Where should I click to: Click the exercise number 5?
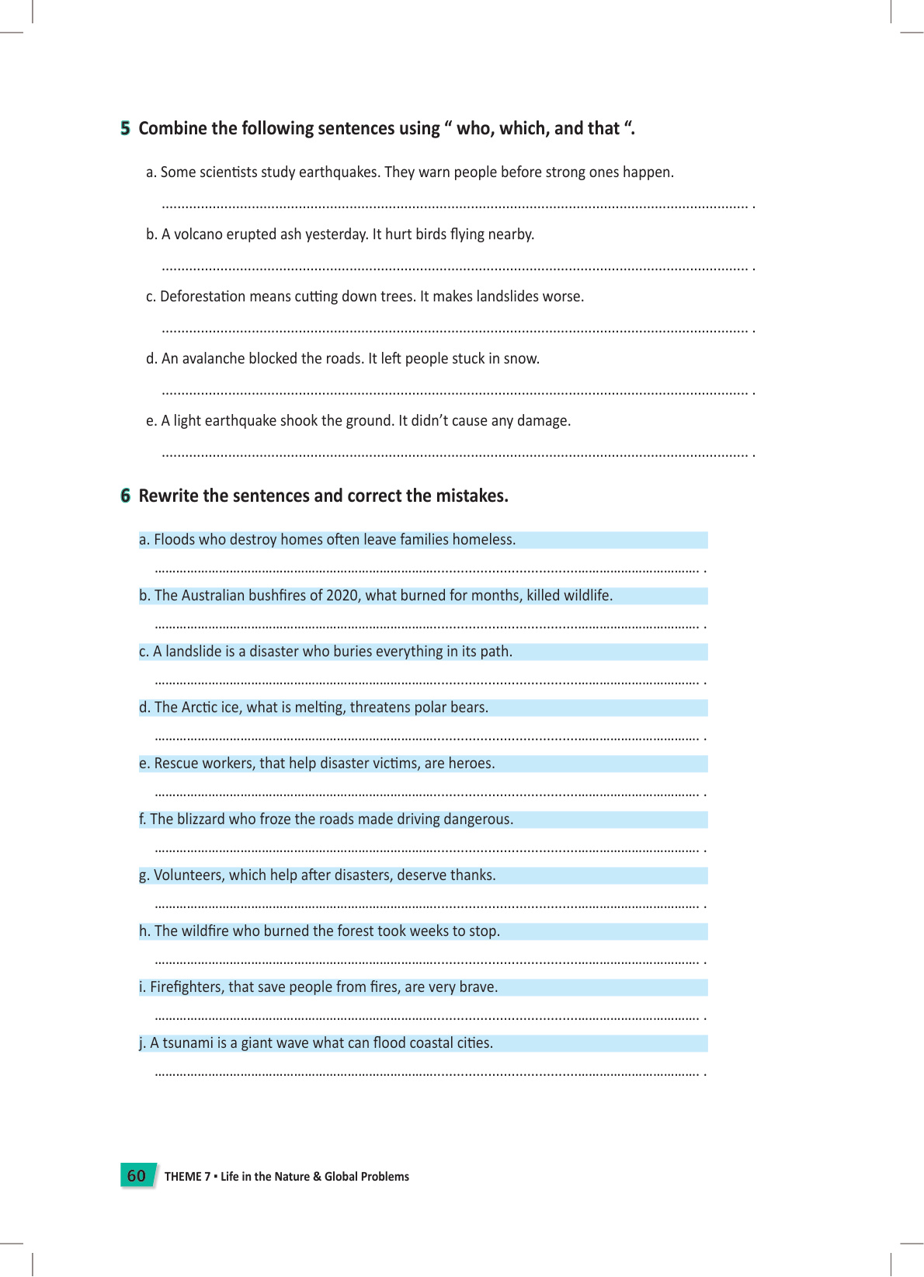pyautogui.click(x=125, y=128)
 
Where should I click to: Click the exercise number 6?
pyautogui.click(x=125, y=496)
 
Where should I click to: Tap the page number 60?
pyautogui.click(x=136, y=1175)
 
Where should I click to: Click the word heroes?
pyautogui.click(x=471, y=764)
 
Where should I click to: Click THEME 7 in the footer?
pyautogui.click(x=187, y=1177)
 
